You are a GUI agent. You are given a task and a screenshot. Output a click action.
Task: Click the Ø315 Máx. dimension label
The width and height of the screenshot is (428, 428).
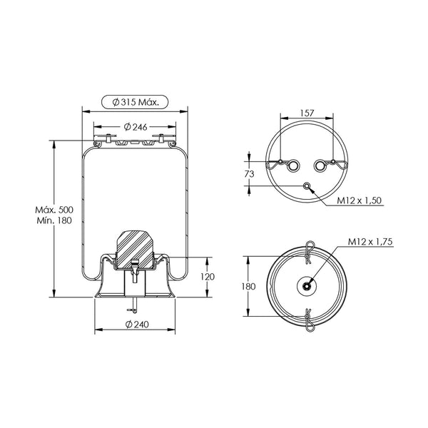tap(135, 102)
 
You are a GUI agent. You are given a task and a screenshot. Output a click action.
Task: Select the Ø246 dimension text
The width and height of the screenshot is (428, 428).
tap(136, 127)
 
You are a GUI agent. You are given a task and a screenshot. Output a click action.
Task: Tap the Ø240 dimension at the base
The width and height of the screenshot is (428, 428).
tap(137, 325)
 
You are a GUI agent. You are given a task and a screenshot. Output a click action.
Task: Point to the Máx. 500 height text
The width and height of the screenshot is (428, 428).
tap(54, 210)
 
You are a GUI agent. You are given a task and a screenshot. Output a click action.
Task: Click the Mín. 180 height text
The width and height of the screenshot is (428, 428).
tap(54, 220)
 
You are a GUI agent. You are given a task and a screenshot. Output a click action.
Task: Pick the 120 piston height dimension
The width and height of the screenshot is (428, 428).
tap(208, 277)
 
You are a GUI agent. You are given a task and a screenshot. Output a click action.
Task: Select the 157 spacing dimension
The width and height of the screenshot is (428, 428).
tap(307, 113)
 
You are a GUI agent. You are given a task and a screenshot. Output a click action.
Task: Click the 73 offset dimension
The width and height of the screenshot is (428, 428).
tap(249, 173)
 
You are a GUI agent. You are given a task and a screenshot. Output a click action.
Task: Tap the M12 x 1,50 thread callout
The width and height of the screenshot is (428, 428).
tap(360, 200)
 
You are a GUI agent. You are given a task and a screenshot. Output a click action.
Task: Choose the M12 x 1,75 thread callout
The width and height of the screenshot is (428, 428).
tap(370, 242)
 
